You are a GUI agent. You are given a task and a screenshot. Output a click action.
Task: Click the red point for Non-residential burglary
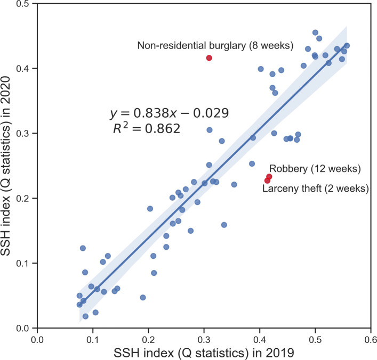[209, 58]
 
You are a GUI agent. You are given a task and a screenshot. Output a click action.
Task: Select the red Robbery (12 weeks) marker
[269, 177]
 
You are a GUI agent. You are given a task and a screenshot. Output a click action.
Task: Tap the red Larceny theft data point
[267, 181]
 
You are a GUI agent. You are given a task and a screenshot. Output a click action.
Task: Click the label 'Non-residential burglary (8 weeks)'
[215, 46]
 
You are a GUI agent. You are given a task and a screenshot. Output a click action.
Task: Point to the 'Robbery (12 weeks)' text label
[315, 169]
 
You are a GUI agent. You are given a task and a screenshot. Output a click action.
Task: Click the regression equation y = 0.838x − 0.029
[169, 113]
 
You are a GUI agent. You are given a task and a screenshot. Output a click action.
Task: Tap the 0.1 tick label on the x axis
[93, 338]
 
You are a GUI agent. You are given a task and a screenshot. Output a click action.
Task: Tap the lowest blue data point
[85, 316]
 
